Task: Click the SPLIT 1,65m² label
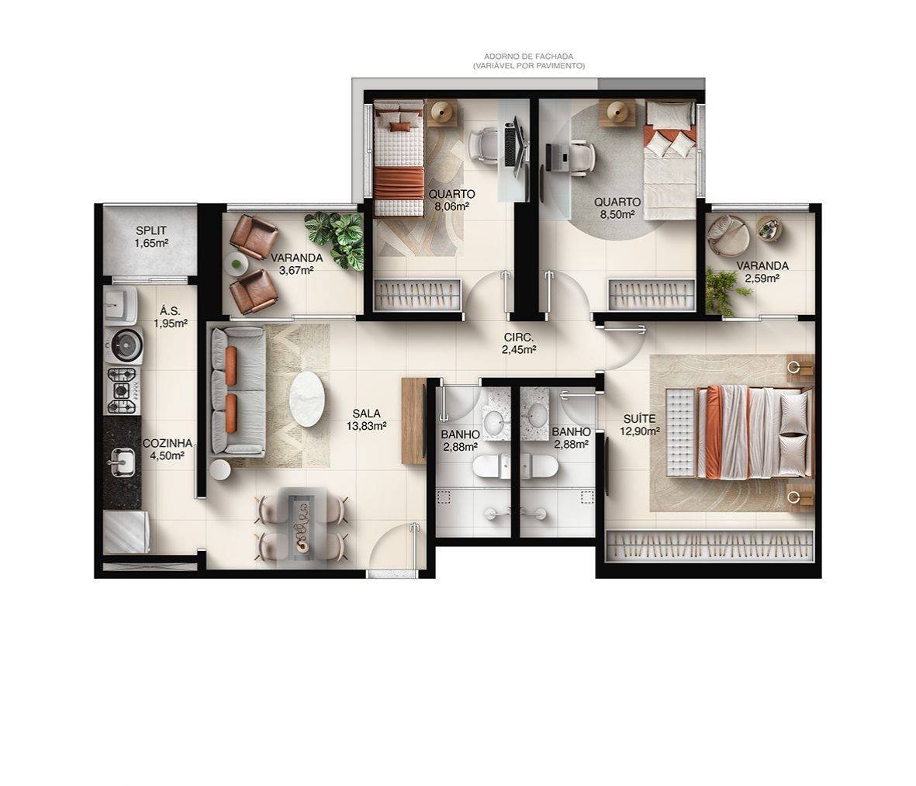pos(151,237)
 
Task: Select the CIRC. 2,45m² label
pos(519,343)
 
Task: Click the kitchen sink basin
pos(122,463)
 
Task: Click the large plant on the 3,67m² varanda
pos(336,237)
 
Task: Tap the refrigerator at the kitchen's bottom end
pos(124,534)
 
